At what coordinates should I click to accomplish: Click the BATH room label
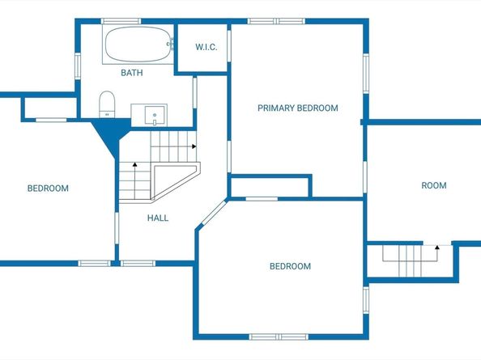tap(132, 73)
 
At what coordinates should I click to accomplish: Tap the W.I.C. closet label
tap(206, 47)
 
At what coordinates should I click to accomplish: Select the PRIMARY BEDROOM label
tap(297, 108)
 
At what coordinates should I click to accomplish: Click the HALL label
tap(158, 218)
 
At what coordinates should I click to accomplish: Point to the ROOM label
tap(434, 185)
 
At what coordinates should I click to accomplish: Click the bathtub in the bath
tap(138, 44)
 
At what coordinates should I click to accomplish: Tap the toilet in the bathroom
tap(107, 104)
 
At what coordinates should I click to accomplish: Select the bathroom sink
tap(149, 115)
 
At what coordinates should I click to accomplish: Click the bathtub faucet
tap(171, 44)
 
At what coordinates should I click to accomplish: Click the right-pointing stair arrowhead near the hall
tap(194, 146)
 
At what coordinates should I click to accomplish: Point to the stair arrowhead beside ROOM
tap(437, 247)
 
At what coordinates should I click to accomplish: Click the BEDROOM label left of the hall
tap(48, 188)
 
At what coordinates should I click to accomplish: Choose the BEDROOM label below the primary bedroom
tap(290, 266)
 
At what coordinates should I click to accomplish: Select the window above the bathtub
tap(121, 21)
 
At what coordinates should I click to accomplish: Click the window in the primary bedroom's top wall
tap(276, 21)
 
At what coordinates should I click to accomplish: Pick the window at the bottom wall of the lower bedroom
tap(279, 337)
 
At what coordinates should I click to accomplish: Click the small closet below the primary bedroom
tap(269, 187)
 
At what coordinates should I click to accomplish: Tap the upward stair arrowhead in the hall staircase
tap(134, 164)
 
